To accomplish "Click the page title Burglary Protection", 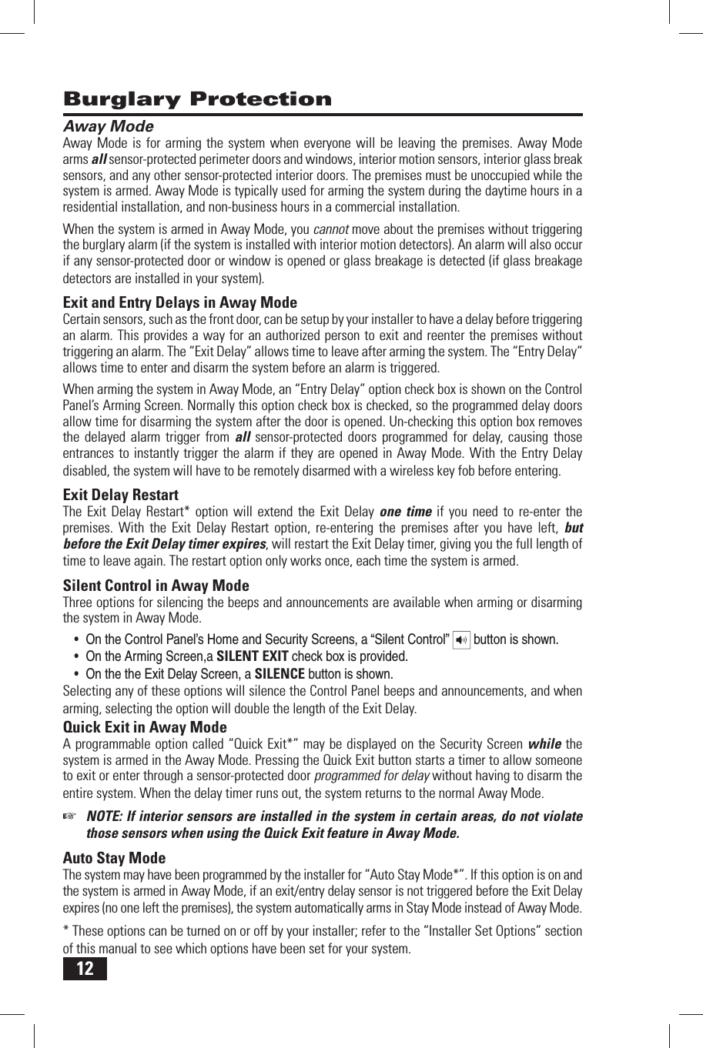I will tap(197, 99).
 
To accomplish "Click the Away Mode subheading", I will tap(108, 126).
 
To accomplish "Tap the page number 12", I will tap(85, 968).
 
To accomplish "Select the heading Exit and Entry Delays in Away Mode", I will tap(179, 302).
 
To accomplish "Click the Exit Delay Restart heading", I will tap(120, 495).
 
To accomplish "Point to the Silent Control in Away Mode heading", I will tap(156, 586).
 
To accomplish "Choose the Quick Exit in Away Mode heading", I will tap(145, 727).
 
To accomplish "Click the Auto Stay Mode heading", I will tap(114, 858).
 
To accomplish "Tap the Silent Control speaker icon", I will tap(461, 639).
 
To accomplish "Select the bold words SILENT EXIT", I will tap(253, 656).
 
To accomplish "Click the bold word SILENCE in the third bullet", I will tap(280, 674).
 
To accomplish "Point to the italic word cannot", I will tap(331, 229).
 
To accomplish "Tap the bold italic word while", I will tap(544, 744).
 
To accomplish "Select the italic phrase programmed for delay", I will tap(373, 776).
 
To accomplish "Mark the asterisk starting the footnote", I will tap(65, 930).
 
